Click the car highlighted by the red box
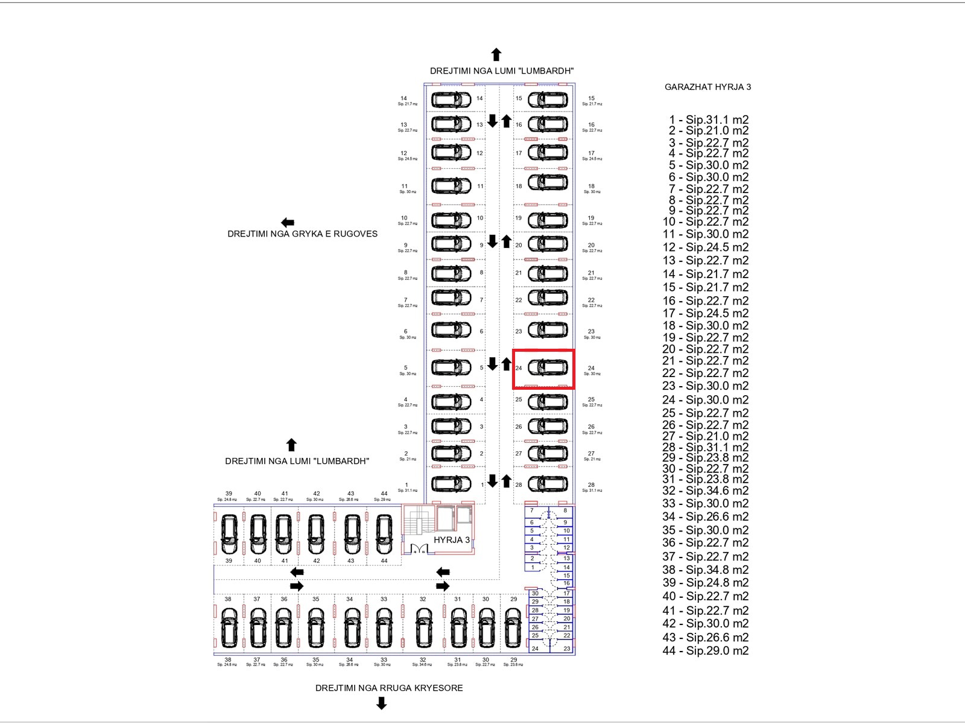(548, 367)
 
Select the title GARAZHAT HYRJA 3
(707, 87)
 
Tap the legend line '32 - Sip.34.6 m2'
(705, 491)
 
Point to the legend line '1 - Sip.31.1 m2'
(709, 119)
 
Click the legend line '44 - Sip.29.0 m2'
(705, 650)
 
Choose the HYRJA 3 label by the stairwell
(451, 540)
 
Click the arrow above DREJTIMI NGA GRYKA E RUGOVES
(288, 223)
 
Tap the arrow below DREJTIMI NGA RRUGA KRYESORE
(381, 703)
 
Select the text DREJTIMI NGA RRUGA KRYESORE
(389, 688)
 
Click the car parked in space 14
(451, 99)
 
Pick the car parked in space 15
(548, 99)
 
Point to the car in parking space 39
(229, 534)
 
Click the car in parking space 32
(423, 627)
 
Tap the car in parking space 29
(513, 627)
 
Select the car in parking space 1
(451, 484)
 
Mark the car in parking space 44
(384, 534)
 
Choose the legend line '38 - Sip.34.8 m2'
(705, 569)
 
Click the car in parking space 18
(548, 182)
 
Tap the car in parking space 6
(451, 330)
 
